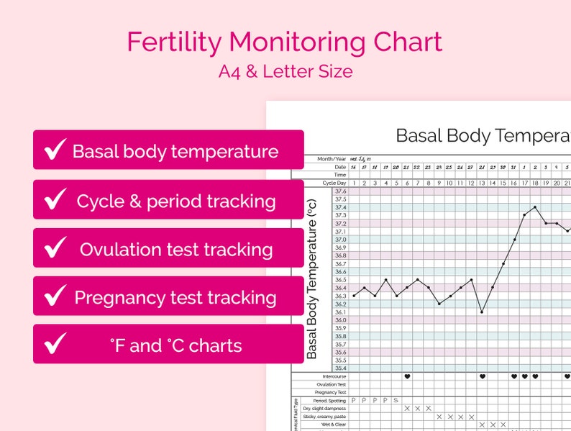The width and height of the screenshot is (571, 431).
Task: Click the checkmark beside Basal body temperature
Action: point(55,150)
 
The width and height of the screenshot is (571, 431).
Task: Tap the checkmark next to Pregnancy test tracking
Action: point(55,296)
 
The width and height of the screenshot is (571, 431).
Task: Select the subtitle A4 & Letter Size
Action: point(285,71)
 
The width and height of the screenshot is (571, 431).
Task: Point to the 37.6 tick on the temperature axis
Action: point(340,191)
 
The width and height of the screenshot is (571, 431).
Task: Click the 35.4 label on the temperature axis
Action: point(340,368)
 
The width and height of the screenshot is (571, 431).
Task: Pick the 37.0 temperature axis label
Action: point(340,240)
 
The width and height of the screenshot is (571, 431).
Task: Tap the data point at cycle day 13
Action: point(482,312)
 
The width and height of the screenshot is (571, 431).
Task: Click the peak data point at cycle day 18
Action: point(535,207)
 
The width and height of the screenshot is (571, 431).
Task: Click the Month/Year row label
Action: point(332,159)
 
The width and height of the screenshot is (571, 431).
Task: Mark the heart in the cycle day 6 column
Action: point(407,376)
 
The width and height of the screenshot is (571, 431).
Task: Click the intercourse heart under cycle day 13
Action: point(482,376)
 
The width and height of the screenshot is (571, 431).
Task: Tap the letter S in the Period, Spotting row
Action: point(396,400)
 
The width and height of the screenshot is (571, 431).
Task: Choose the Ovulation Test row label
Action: point(332,384)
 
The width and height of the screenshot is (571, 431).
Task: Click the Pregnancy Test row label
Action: point(331,392)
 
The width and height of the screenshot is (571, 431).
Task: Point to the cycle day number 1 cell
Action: point(354,183)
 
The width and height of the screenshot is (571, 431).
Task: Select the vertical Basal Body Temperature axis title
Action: point(312,279)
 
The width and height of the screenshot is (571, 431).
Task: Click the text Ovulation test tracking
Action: point(176,250)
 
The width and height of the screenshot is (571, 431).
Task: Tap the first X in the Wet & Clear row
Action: point(482,425)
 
